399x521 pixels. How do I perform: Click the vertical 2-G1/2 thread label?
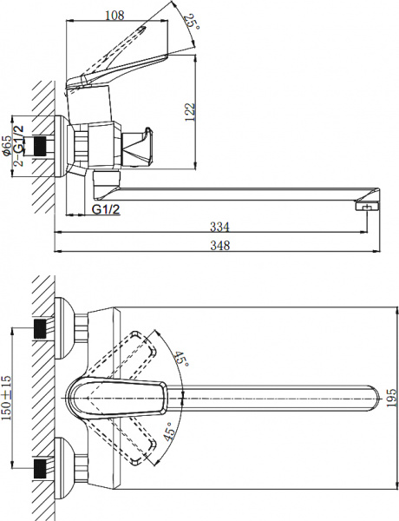pos(19,147)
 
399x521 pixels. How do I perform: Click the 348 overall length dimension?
pos(220,246)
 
